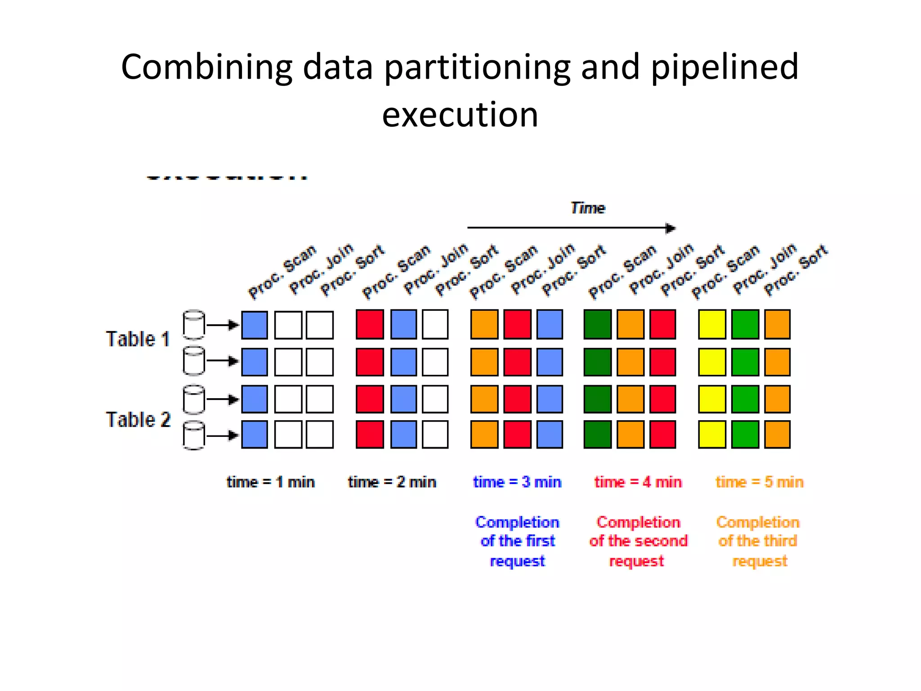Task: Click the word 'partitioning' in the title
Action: tap(477, 67)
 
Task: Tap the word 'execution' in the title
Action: tap(460, 115)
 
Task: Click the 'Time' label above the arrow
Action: tap(588, 208)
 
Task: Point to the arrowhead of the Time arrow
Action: tap(671, 228)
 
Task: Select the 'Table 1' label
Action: tap(138, 339)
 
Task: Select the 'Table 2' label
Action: tap(138, 420)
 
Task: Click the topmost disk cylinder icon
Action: tap(194, 324)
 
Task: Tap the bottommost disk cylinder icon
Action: tap(194, 435)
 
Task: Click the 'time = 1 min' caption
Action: tap(270, 482)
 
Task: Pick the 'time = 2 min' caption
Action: tap(392, 482)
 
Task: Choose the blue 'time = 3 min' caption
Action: tap(517, 482)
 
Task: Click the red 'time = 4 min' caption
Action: tap(638, 482)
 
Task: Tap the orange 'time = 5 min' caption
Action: tap(760, 482)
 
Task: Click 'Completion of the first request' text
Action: tap(517, 541)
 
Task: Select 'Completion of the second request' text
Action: tap(638, 541)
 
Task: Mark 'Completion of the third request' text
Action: tap(758, 541)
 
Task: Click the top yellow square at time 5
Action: tap(712, 324)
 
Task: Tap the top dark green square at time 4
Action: tap(597, 324)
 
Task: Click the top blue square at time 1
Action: tap(255, 325)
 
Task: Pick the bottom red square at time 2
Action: tap(370, 435)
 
